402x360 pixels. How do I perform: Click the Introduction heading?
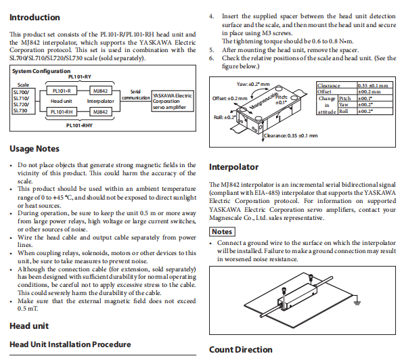[35, 18]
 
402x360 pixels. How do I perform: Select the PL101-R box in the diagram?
[62, 91]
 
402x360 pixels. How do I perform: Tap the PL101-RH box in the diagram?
[62, 112]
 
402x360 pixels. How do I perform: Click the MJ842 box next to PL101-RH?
[100, 112]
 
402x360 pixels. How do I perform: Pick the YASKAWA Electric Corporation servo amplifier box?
[173, 101]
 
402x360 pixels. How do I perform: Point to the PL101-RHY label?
[79, 126]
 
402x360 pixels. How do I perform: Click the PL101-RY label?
[80, 76]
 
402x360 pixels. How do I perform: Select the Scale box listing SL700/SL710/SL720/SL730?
[24, 102]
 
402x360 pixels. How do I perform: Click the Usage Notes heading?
[35, 149]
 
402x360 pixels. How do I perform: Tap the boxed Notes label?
[222, 232]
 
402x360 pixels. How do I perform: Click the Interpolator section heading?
[233, 167]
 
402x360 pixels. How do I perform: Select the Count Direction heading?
[240, 349]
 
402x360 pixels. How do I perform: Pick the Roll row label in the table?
[344, 111]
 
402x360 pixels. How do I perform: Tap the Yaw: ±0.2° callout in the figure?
[253, 84]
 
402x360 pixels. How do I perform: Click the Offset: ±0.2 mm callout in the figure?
[229, 99]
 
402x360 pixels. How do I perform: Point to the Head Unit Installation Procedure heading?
[70, 344]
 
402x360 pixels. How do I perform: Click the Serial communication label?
[135, 95]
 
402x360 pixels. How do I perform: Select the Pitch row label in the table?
[345, 99]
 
